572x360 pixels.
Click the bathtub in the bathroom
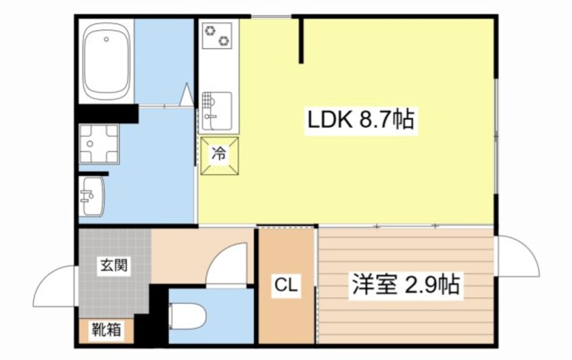click(106, 60)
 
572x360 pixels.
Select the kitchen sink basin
click(218, 108)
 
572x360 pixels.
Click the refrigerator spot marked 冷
click(218, 154)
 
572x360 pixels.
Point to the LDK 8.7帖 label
click(361, 122)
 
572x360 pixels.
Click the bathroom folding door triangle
click(187, 95)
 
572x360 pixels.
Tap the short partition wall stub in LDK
click(302, 41)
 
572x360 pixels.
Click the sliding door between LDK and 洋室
click(406, 226)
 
